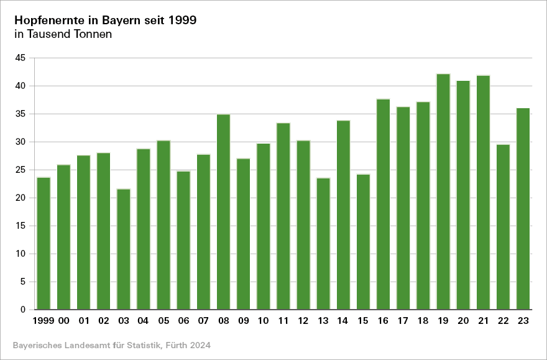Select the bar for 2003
124,249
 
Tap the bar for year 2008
224,212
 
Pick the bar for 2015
364,242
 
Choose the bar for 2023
523,209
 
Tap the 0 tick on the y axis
23,310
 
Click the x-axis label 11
283,321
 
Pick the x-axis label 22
503,321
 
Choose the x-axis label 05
163,321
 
